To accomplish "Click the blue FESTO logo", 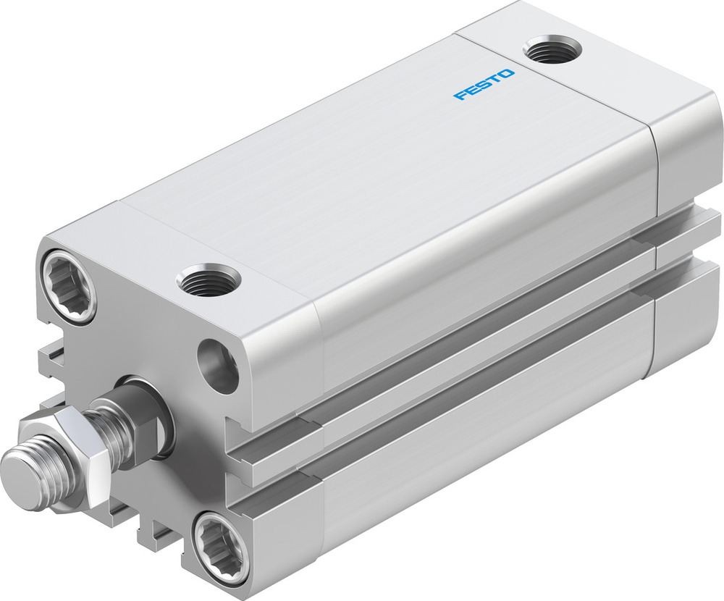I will [484, 85].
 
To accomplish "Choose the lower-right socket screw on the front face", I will [219, 544].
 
